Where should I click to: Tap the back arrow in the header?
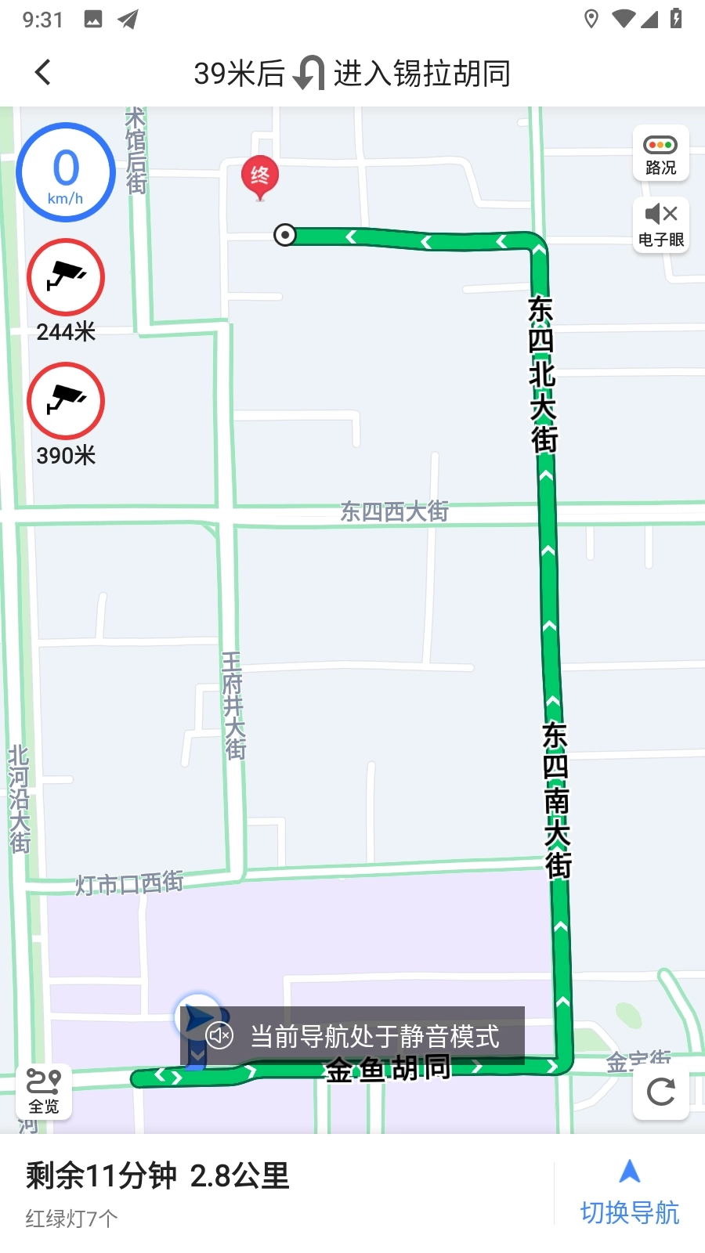[43, 73]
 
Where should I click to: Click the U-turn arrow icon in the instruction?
[309, 74]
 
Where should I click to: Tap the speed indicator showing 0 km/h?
[66, 172]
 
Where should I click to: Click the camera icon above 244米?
[66, 277]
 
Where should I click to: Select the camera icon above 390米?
[66, 400]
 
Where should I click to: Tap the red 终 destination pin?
[259, 177]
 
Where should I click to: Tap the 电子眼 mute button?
[661, 224]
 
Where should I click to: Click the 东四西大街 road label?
[394, 512]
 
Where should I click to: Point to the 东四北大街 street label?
[541, 374]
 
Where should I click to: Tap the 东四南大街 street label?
[555, 800]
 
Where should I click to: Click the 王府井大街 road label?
[233, 706]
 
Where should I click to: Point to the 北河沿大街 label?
[19, 800]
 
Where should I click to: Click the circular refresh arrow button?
[661, 1091]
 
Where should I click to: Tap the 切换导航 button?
[630, 1193]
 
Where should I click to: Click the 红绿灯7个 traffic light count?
[71, 1219]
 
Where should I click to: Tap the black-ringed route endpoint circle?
[285, 234]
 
